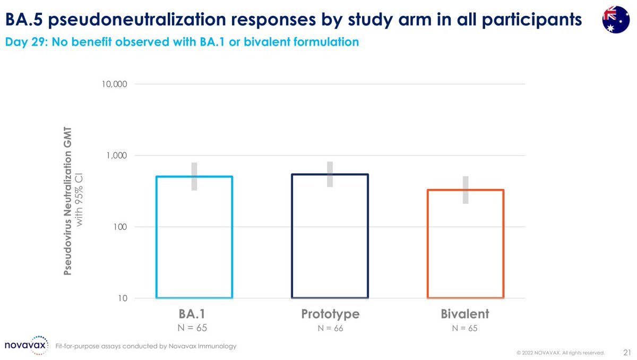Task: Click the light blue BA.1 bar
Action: tap(194, 237)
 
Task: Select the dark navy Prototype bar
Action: tap(330, 236)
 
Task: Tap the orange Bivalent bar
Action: tap(465, 243)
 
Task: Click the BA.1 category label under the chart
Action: tap(194, 314)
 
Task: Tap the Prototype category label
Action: tap(330, 314)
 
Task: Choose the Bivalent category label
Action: tap(465, 314)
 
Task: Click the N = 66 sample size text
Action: tap(330, 328)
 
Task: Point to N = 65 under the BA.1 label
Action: tap(194, 328)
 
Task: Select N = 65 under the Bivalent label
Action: tap(465, 328)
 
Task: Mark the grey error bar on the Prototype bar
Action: tap(330, 174)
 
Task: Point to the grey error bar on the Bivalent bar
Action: tap(465, 190)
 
